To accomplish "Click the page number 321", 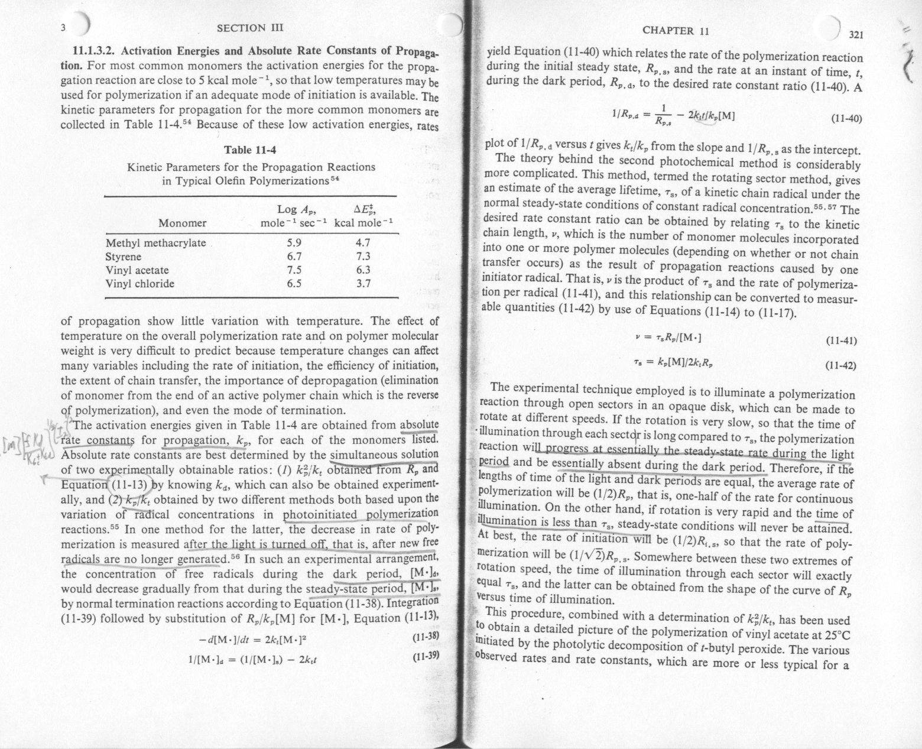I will [856, 35].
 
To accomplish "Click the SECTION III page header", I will [251, 28].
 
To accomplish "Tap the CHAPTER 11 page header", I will [676, 31].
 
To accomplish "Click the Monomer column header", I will [182, 223].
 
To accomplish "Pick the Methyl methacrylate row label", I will [155, 243].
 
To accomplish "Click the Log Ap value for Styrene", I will [294, 257].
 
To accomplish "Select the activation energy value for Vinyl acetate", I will [363, 270].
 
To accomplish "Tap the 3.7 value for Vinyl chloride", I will [363, 284].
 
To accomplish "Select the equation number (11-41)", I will [840, 341].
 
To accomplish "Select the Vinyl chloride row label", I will [139, 284].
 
